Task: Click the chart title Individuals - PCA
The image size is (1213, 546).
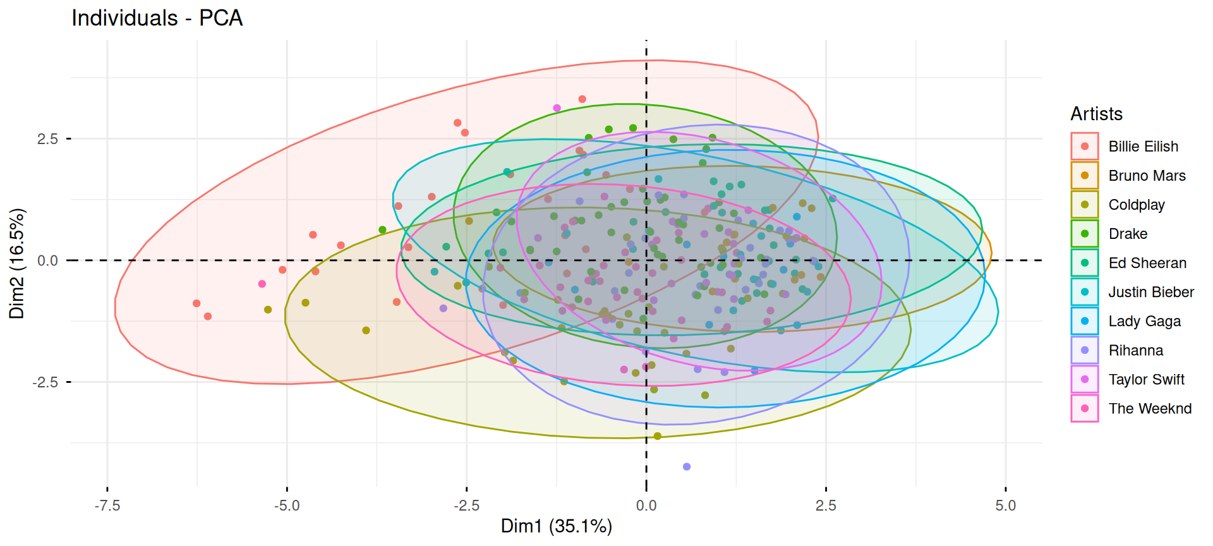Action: (x=157, y=18)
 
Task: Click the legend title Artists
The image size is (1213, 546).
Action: (x=1096, y=114)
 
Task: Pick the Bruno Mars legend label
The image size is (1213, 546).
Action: (x=1147, y=176)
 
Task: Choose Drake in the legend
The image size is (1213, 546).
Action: (x=1128, y=234)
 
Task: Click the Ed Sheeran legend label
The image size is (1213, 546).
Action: (x=1147, y=263)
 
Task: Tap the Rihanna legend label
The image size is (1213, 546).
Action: (x=1135, y=350)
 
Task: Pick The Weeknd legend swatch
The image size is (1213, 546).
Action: (x=1085, y=408)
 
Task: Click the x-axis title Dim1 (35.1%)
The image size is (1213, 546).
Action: (x=557, y=526)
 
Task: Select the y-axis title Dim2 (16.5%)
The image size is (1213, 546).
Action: (x=17, y=264)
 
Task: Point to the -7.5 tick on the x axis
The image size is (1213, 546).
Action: (x=107, y=506)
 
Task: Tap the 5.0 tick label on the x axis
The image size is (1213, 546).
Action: (x=1006, y=506)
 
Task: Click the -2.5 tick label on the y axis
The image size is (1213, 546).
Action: (x=45, y=382)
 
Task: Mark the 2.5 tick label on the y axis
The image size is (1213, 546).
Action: (x=47, y=138)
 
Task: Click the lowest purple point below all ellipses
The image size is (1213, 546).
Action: (x=687, y=467)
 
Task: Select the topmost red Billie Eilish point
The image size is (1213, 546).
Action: (x=582, y=99)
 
